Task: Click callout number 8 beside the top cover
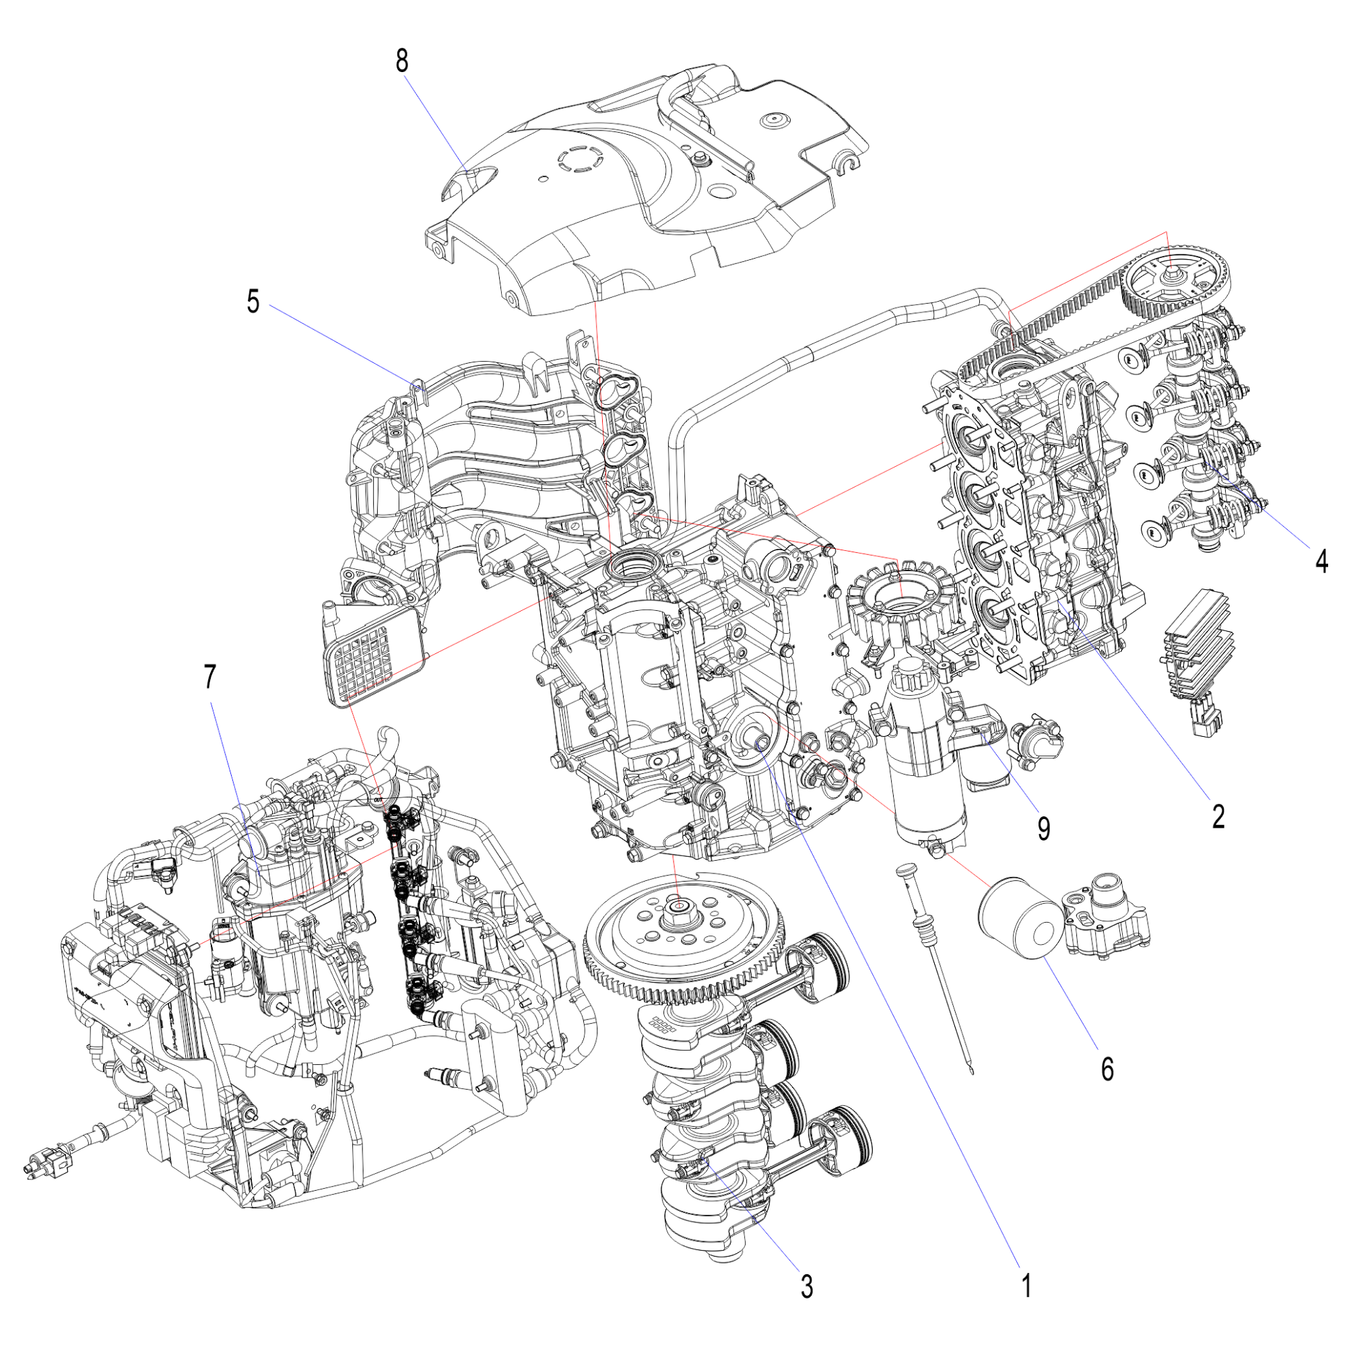[x=401, y=61]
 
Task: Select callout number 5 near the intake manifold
[x=253, y=302]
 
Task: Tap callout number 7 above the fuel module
[x=210, y=676]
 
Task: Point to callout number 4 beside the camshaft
[x=1322, y=560]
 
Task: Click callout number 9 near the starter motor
[x=1044, y=828]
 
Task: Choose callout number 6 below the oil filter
[x=1108, y=1068]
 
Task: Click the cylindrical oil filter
[x=1021, y=919]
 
